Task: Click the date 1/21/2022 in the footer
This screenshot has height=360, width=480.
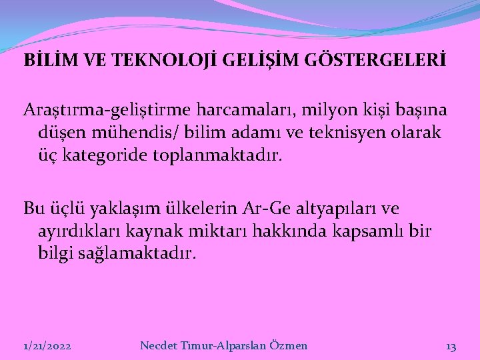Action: (47, 346)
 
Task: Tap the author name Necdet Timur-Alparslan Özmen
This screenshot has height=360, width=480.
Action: (224, 345)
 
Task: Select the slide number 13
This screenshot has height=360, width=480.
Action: (451, 346)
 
